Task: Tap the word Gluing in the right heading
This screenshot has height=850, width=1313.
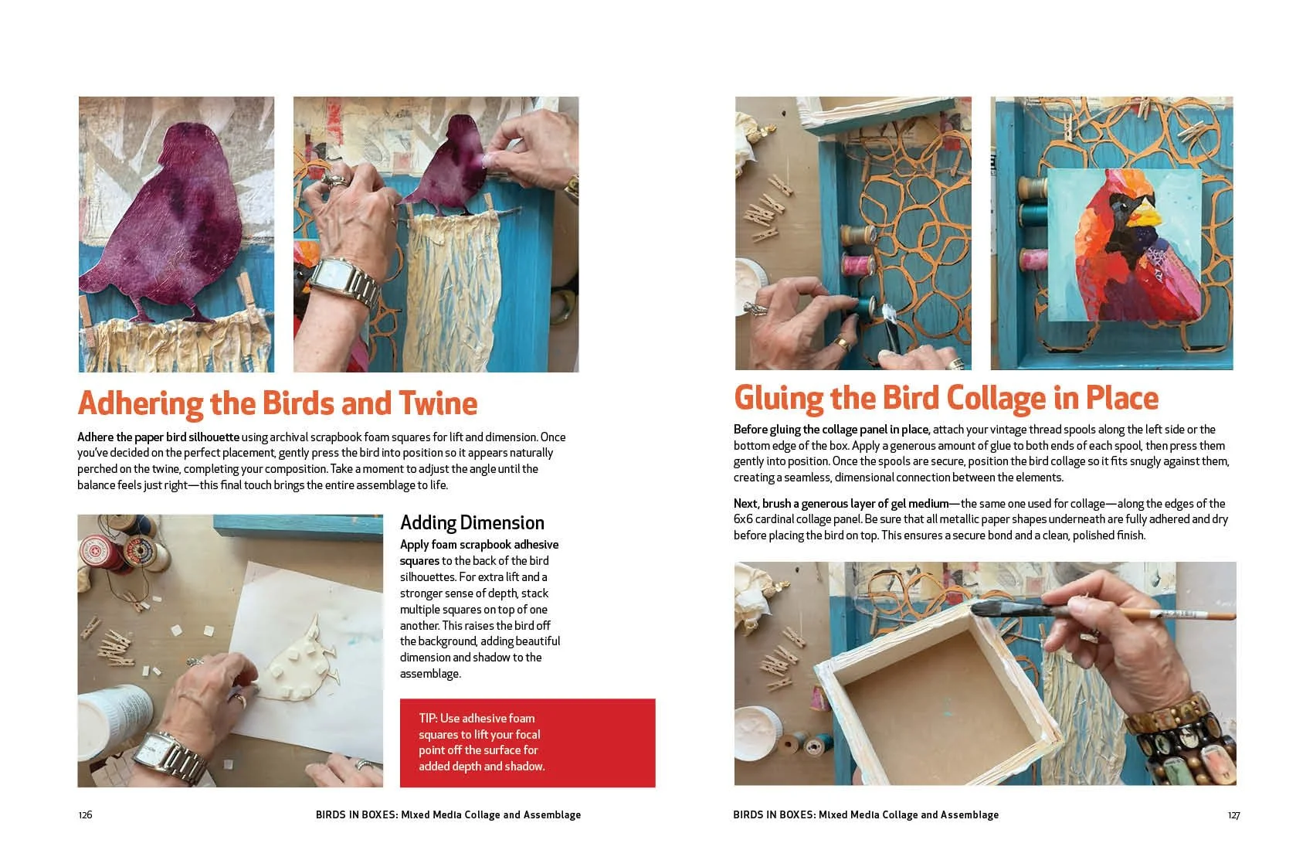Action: [x=778, y=399]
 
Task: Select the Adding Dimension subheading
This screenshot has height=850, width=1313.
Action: [x=472, y=522]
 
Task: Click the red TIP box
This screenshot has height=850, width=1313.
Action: [x=527, y=743]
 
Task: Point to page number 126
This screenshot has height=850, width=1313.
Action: [x=85, y=814]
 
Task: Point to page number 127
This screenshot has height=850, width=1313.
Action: [x=1233, y=814]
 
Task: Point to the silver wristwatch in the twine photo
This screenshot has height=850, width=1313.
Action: [x=340, y=278]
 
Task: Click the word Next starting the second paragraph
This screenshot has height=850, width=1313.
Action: [x=746, y=504]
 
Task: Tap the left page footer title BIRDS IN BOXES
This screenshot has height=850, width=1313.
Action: [x=356, y=814]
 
